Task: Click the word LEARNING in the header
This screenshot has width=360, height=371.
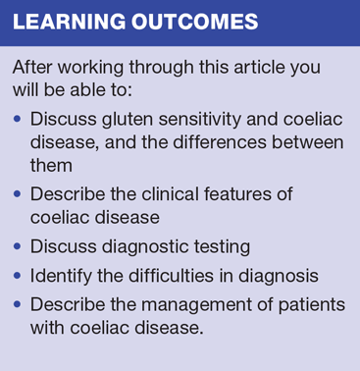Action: pyautogui.click(x=69, y=22)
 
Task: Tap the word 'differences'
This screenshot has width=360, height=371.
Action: pyautogui.click(x=220, y=142)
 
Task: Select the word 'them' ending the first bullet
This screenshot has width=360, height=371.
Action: pyautogui.click(x=51, y=165)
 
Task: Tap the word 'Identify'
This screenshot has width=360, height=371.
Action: pyautogui.click(x=61, y=277)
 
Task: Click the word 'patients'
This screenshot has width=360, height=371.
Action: pyautogui.click(x=312, y=305)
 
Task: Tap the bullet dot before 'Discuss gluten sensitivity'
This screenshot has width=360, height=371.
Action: pyautogui.click(x=18, y=119)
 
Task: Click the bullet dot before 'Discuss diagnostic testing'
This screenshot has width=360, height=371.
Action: pyautogui.click(x=18, y=246)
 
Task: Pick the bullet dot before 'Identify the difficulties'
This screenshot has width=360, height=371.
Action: pyautogui.click(x=18, y=276)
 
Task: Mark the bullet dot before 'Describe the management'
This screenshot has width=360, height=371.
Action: pyautogui.click(x=18, y=305)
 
